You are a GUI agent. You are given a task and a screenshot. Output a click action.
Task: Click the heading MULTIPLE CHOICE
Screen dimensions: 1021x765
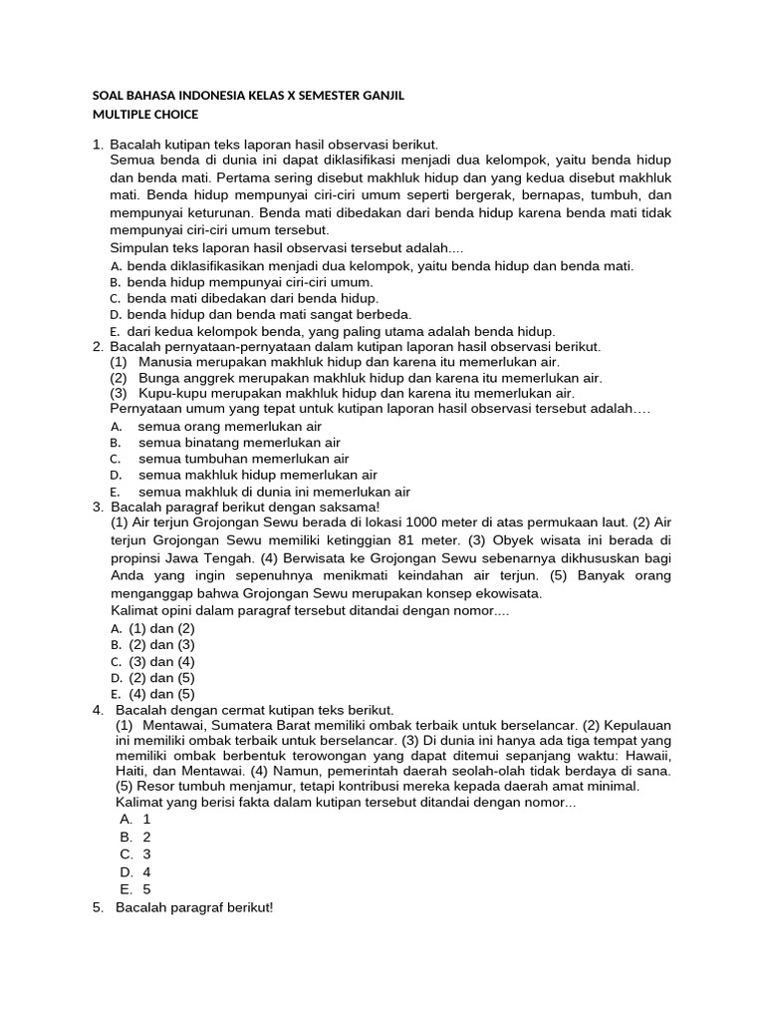[144, 115]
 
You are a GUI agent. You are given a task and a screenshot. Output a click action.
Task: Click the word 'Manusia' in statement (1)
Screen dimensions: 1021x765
[164, 361]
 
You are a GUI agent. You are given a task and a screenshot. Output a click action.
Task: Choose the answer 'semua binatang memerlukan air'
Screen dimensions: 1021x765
[239, 442]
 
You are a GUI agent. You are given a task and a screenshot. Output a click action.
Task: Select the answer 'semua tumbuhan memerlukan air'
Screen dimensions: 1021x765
[243, 459]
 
